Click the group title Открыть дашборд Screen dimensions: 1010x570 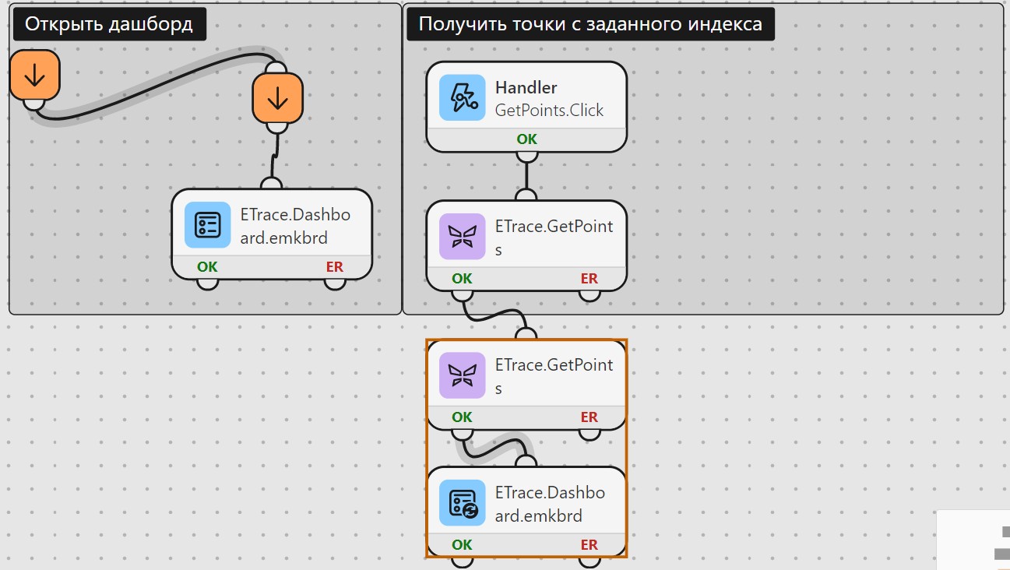(x=109, y=24)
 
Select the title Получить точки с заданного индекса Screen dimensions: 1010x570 (x=590, y=24)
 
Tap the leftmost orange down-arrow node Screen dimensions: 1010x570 (x=35, y=75)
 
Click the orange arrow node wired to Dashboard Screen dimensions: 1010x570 (x=277, y=98)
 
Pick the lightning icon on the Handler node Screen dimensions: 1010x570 (x=462, y=97)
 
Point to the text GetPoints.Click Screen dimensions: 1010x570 (x=549, y=110)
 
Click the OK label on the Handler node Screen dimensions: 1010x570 (x=526, y=139)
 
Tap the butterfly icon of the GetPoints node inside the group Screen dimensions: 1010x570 (x=462, y=236)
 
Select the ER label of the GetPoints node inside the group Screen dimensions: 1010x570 (x=589, y=279)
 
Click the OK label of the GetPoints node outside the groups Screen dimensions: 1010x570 (x=462, y=417)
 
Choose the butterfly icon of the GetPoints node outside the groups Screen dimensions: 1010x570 (x=462, y=375)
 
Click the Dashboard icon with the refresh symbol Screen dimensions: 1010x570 (x=462, y=503)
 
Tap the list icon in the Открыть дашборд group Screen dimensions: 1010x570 (x=207, y=225)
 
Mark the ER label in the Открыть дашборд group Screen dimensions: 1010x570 (x=335, y=267)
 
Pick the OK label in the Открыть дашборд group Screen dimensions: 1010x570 (x=207, y=267)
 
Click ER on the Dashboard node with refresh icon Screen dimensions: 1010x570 (x=589, y=545)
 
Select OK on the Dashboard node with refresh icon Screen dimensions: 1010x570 (x=462, y=545)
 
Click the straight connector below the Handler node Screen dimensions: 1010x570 (x=526, y=176)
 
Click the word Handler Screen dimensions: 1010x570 (x=526, y=87)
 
